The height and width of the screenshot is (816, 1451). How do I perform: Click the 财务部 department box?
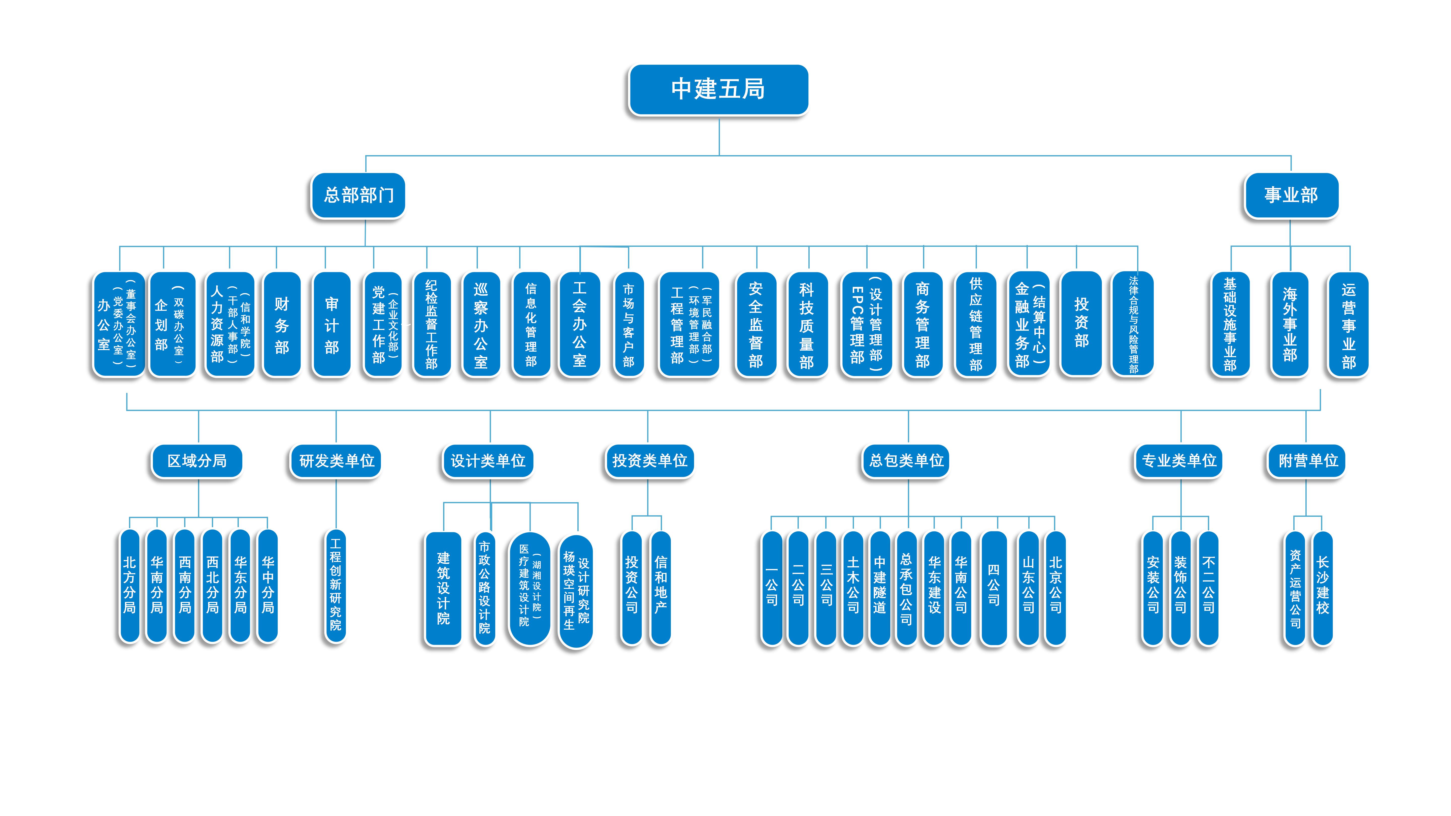[282, 324]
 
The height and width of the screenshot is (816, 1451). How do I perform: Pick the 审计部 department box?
[332, 324]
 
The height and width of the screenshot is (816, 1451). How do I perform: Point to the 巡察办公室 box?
[480, 324]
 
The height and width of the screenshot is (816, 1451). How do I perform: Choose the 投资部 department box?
[1081, 323]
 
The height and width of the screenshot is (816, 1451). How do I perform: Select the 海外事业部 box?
[1290, 324]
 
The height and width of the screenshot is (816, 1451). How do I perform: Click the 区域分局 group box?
[197, 461]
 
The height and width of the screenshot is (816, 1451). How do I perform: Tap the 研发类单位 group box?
[336, 461]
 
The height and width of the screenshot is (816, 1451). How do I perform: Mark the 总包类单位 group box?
[906, 461]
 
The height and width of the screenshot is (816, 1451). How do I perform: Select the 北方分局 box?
[129, 586]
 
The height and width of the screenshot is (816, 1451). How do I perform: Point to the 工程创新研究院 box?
[336, 586]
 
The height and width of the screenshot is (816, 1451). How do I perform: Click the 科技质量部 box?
[807, 324]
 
